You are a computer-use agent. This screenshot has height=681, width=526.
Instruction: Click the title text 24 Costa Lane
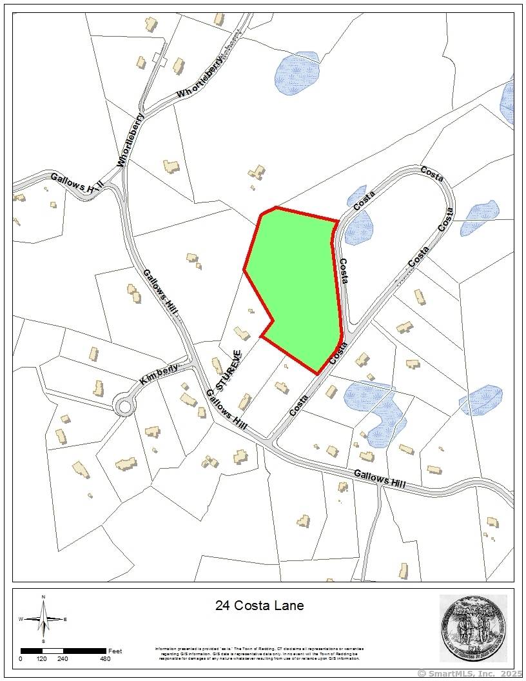click(258, 606)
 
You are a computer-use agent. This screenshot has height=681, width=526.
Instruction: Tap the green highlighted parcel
click(297, 284)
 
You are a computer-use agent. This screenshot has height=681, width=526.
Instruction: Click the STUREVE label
click(229, 370)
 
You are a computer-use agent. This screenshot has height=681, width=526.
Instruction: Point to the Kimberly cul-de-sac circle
click(123, 406)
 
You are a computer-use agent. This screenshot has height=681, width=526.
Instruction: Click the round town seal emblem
click(474, 628)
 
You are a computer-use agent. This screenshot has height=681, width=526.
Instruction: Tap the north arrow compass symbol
click(43, 618)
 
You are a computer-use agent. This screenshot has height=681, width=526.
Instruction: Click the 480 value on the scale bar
click(105, 658)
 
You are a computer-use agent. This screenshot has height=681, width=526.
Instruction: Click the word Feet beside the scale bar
click(115, 650)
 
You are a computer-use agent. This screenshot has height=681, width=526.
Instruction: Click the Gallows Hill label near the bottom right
click(380, 480)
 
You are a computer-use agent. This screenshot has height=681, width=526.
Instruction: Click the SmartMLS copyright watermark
click(471, 674)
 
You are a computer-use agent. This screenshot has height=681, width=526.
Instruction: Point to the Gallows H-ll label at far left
click(77, 184)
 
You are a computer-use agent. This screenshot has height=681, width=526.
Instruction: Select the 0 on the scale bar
click(21, 658)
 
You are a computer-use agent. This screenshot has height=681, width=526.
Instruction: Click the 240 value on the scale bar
click(63, 658)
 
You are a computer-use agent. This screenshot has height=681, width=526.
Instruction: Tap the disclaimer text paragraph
click(260, 653)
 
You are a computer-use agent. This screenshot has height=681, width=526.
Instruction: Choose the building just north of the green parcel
click(257, 173)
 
